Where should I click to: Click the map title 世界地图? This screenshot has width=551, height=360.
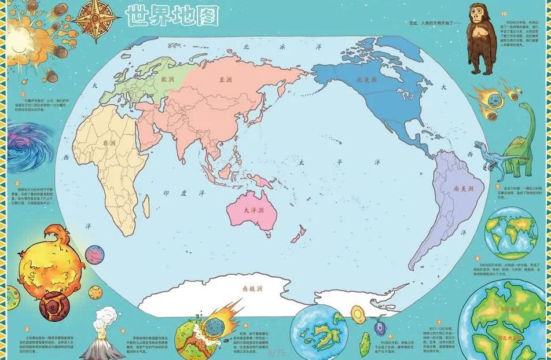172,16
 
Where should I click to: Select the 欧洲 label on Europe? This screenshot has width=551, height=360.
167,79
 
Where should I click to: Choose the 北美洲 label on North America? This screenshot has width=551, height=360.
366,79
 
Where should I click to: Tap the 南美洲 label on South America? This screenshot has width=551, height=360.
464,189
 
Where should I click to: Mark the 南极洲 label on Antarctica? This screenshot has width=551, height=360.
253,288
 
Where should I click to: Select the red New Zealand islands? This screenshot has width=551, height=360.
297,234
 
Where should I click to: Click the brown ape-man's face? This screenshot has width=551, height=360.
479,29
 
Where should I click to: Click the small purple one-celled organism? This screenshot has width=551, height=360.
380,327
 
